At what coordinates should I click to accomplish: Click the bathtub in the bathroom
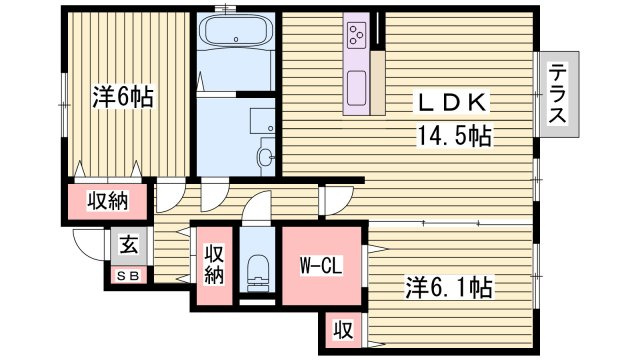point(236,32)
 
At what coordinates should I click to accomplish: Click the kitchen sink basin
point(356,88)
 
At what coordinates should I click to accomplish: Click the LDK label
point(452,102)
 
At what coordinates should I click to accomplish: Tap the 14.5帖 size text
point(453,136)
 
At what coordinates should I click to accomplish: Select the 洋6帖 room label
point(123,96)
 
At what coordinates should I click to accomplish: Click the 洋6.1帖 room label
point(448,287)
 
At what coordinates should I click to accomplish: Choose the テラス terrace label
point(557,93)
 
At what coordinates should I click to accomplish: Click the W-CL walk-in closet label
point(320,266)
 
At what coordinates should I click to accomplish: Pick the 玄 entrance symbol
point(129,246)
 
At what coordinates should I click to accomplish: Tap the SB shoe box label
point(128,276)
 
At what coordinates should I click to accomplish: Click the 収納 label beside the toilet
point(214,265)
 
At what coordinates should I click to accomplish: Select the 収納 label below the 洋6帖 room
point(108,201)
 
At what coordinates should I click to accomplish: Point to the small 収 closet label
point(344,330)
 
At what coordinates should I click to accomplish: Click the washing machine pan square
point(262,121)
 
